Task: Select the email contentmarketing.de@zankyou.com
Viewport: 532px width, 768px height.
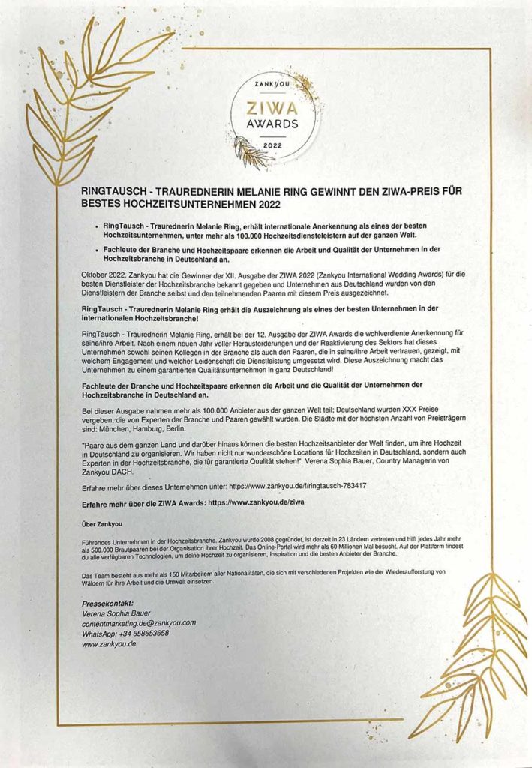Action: [x=139, y=623]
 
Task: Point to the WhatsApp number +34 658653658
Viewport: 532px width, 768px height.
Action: [x=125, y=634]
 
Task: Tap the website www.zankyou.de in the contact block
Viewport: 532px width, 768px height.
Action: [x=109, y=644]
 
